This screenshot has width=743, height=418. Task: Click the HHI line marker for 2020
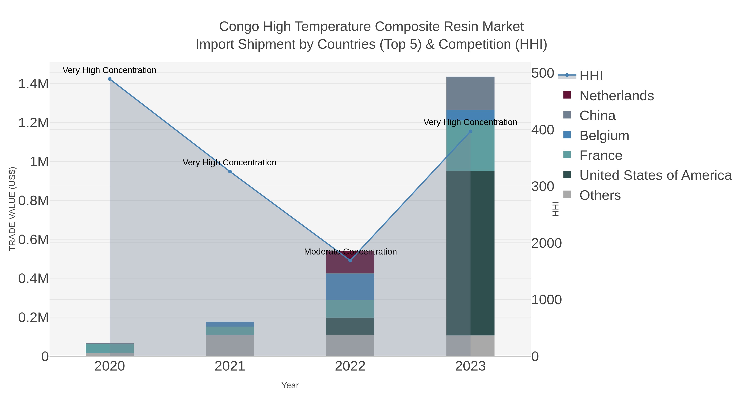pos(110,79)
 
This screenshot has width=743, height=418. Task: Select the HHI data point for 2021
pos(230,172)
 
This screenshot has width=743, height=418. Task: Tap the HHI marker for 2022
pos(350,261)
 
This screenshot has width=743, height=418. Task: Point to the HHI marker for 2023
pos(470,131)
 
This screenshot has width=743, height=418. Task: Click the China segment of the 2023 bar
pos(470,93)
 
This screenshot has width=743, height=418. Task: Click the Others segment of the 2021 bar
pos(230,345)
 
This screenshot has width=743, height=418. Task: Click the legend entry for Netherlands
pos(616,96)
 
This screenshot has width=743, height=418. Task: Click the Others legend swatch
pos(567,195)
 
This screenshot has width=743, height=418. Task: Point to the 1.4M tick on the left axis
pos(33,84)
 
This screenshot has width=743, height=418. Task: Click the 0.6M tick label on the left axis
pos(33,240)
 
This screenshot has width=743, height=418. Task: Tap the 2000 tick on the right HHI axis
pos(546,243)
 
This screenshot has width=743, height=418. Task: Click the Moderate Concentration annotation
pos(350,252)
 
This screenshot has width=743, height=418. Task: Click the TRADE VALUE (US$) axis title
pos(12,209)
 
